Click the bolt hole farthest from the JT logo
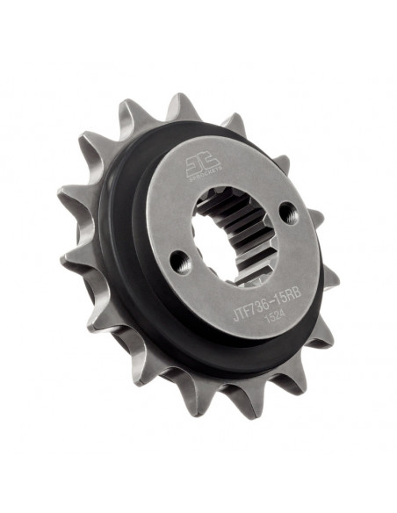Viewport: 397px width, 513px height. point(179,259)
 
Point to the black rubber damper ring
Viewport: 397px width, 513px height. point(123,264)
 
